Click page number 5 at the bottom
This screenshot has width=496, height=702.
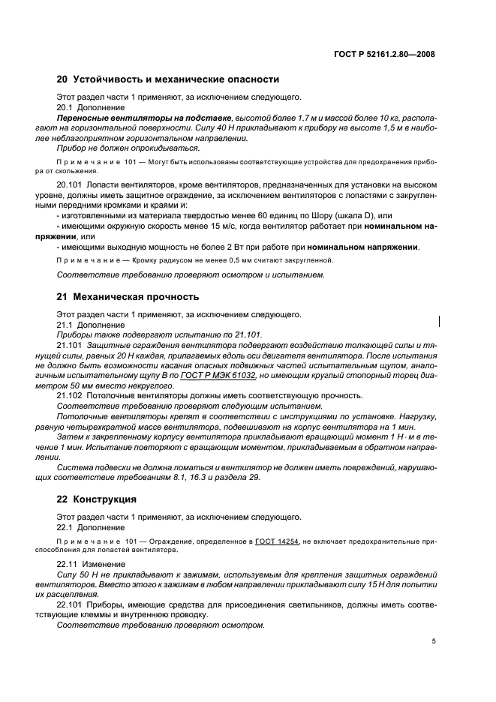(434, 641)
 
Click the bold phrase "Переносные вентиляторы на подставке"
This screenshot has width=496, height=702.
(145, 118)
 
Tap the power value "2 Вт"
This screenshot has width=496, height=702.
(232, 247)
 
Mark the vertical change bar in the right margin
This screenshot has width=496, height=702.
(440, 321)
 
